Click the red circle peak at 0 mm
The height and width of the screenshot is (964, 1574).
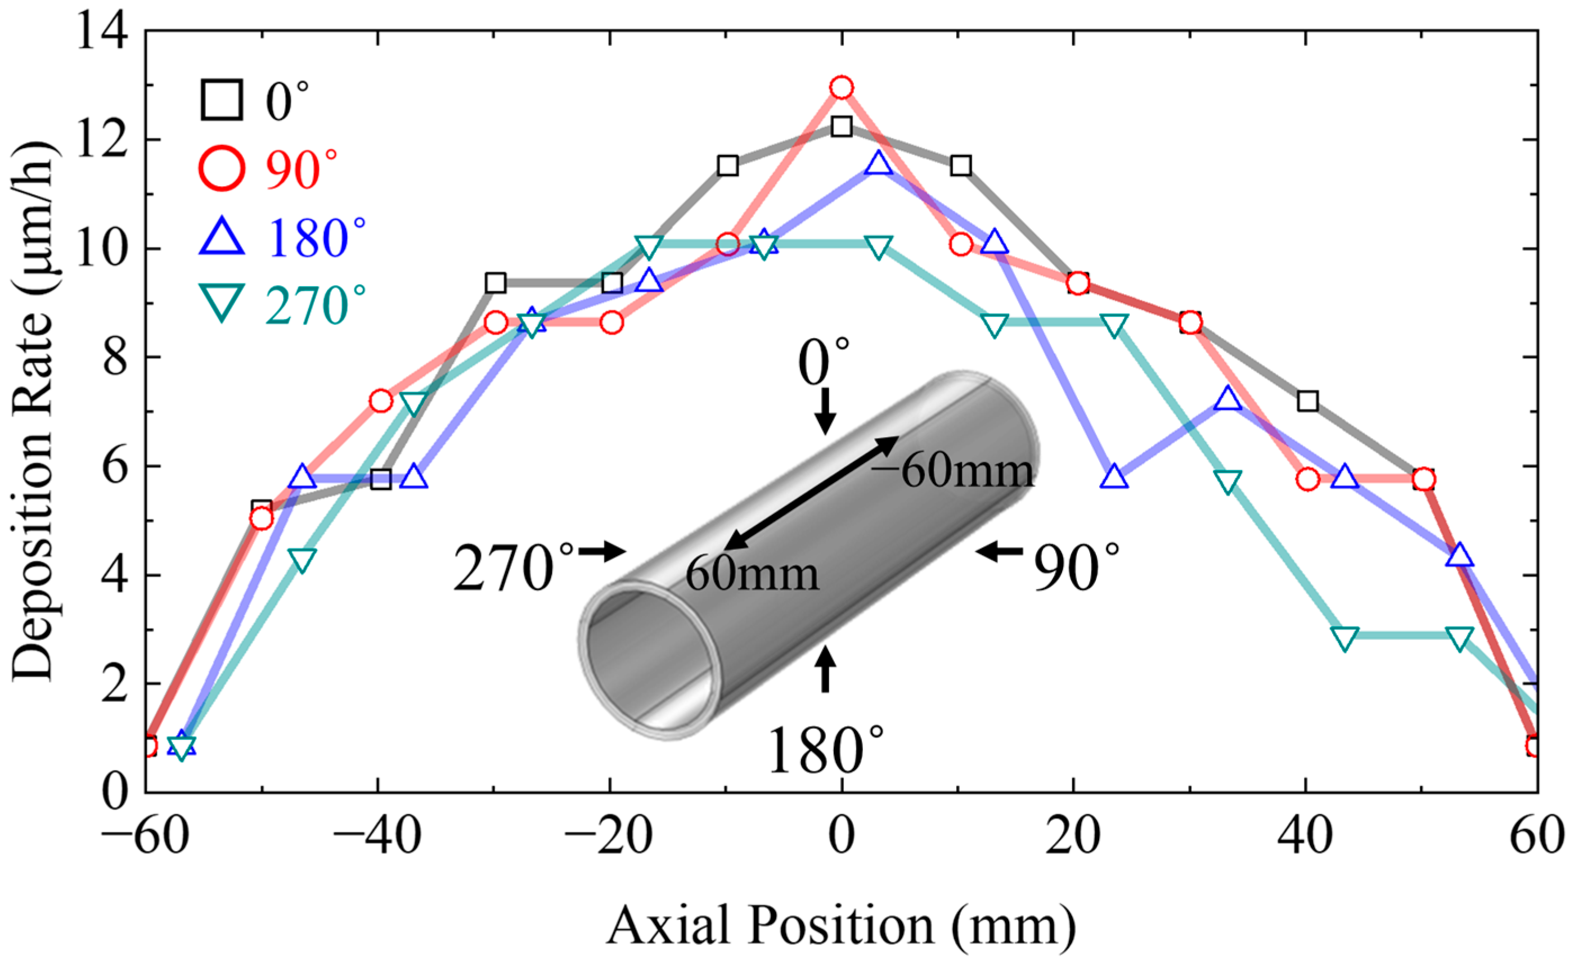tap(842, 87)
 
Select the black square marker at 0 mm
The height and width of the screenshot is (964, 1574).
tap(842, 126)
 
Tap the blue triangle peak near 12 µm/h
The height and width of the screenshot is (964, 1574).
tap(878, 164)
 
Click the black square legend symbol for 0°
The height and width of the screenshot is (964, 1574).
tap(222, 100)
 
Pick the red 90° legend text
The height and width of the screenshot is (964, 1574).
tap(301, 169)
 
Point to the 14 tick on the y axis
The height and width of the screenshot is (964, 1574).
tap(102, 32)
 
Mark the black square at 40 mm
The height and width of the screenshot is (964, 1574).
tap(1307, 400)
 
